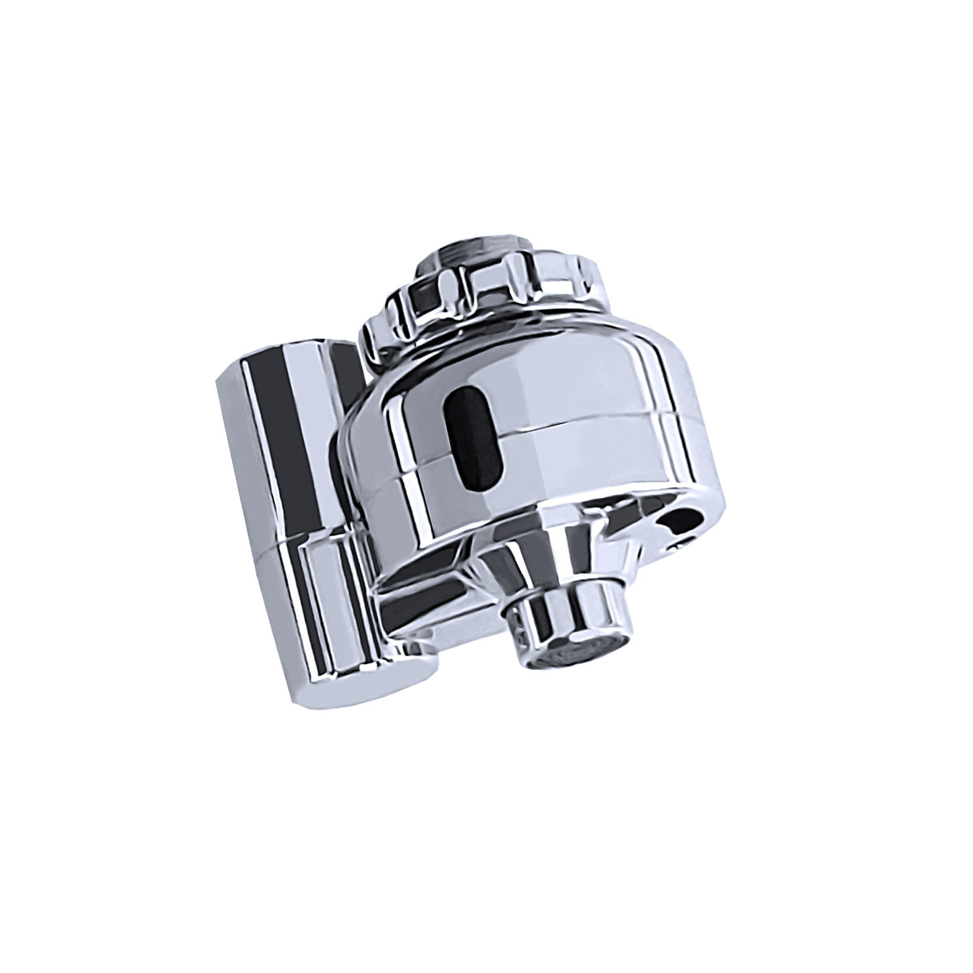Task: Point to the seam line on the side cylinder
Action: click(300, 545)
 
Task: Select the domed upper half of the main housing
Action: click(551, 365)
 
